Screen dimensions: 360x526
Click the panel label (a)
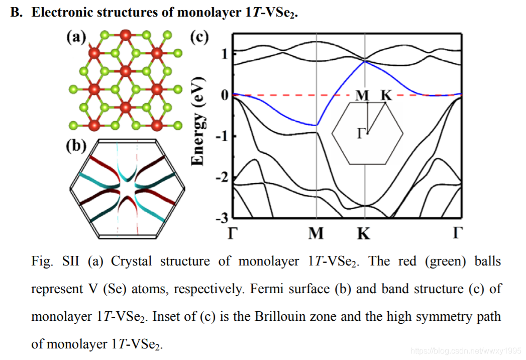tap(76, 37)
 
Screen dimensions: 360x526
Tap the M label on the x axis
tap(317, 234)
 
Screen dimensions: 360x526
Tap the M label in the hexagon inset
tap(362, 96)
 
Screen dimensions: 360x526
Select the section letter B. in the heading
tap(17, 13)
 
